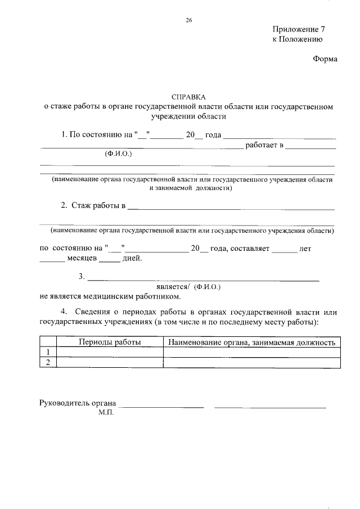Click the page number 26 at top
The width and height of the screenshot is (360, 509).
coord(189,20)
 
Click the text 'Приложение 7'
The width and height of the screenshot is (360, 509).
coord(299,29)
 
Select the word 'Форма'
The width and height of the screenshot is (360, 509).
coord(325,59)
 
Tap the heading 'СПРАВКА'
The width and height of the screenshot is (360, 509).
coord(188,97)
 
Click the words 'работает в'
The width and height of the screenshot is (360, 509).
coord(264,146)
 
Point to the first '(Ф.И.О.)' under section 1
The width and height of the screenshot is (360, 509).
coord(118,154)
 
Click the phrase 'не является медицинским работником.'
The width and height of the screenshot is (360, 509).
coord(110,296)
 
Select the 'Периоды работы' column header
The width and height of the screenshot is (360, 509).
coord(109,342)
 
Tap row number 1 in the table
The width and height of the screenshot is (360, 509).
coord(48,352)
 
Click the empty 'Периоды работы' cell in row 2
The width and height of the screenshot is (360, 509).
coord(109,362)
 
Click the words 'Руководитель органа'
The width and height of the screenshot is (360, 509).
coord(78,403)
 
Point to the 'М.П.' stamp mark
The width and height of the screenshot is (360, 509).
coord(106,413)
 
